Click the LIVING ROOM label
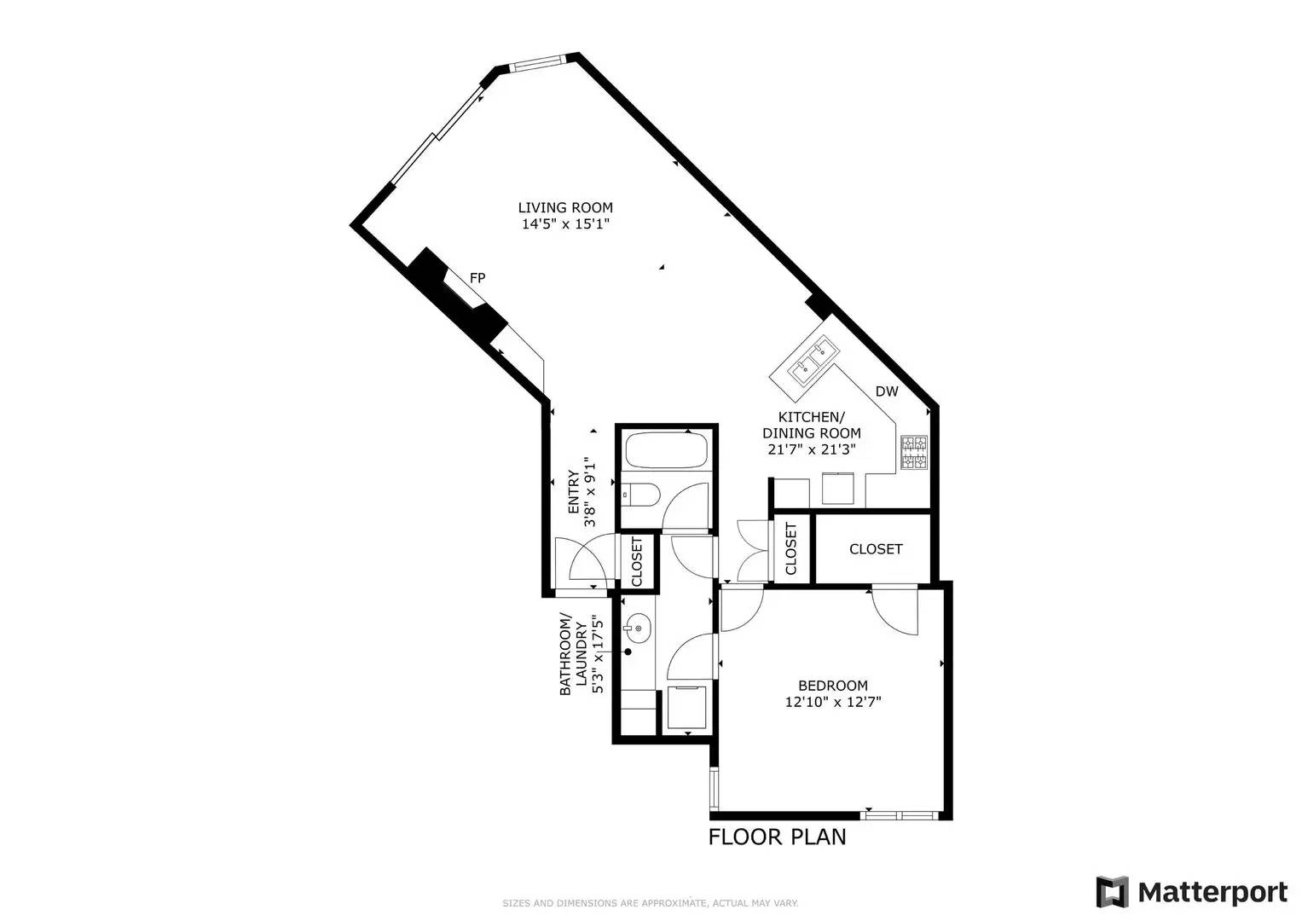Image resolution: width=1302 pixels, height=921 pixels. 565,207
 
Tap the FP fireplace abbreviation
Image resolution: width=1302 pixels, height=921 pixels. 477,278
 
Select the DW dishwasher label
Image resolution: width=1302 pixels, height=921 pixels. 887,391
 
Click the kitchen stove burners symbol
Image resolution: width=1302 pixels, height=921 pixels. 914,452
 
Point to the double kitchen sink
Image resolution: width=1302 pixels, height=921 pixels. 813,361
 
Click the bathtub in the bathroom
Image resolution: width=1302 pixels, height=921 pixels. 666,450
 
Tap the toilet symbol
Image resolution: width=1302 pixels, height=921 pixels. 641,495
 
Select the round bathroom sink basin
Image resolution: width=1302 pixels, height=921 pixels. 638,628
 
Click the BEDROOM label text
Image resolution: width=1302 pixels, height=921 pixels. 833,686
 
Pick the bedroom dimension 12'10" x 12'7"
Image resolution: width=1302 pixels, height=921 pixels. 833,703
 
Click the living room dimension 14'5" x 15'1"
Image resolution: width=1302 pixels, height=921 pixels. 565,223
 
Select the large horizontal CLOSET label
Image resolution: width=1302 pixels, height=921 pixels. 876,549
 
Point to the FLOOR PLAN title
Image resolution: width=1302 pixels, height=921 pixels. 777,837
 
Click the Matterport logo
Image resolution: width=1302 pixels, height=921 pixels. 1191,892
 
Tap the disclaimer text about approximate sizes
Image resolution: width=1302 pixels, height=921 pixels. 651,903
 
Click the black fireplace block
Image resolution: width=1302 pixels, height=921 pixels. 456,295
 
